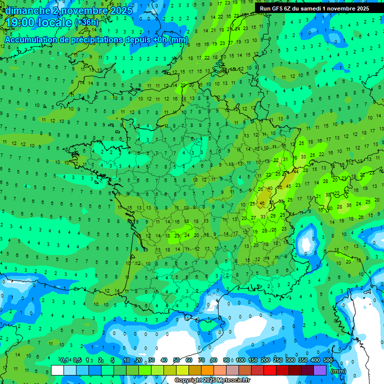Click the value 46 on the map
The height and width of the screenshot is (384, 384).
262,203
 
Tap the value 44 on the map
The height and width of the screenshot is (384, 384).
295,172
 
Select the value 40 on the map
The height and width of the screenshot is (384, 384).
270,188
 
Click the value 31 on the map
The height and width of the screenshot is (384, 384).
285,159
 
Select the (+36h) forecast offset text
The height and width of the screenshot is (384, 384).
86,23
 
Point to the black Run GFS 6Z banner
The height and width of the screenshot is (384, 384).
314,8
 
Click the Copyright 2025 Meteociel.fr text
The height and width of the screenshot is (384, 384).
212,380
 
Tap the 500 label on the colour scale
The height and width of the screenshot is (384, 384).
328,360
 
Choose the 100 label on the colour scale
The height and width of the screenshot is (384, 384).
240,360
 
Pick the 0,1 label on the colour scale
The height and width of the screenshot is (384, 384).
65,360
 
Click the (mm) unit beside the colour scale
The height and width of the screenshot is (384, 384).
338,371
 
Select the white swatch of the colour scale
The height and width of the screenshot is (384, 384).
57,370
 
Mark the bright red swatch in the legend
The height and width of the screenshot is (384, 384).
270,370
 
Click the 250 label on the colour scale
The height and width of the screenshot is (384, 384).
278,360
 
